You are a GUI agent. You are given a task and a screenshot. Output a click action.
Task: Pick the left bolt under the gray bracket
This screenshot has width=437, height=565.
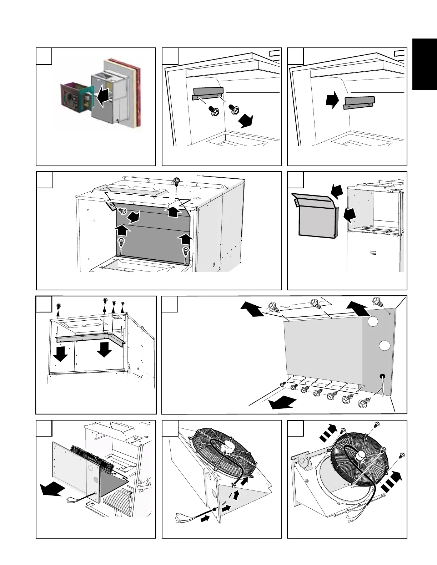click(213, 112)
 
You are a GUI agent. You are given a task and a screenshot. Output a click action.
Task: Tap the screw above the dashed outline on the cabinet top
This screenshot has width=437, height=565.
click(176, 180)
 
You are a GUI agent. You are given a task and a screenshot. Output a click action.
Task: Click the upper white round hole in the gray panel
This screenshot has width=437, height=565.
click(373, 322)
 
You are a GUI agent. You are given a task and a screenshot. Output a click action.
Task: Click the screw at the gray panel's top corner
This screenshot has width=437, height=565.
click(378, 302)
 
